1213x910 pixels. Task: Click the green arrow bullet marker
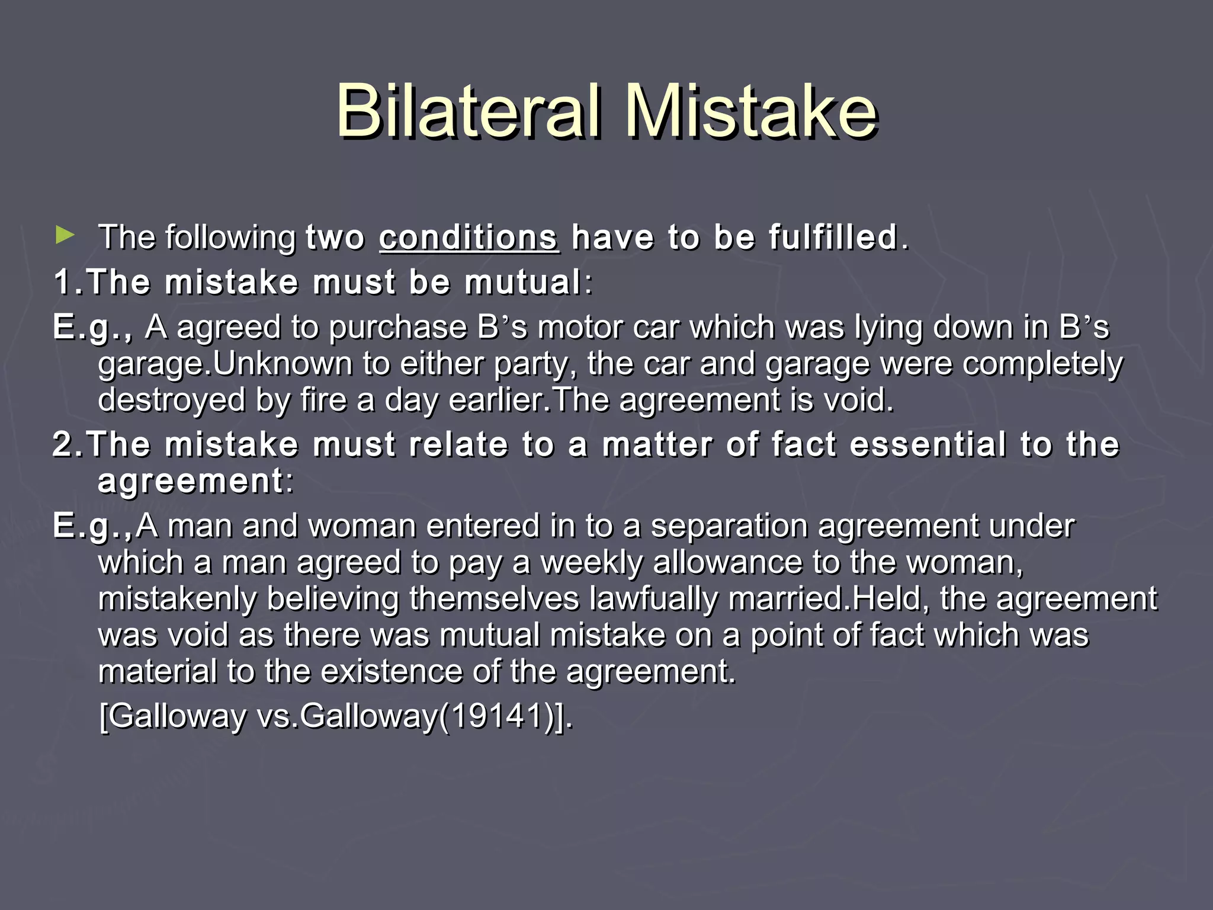pyautogui.click(x=65, y=235)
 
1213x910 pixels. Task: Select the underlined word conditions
pyautogui.click(x=468, y=238)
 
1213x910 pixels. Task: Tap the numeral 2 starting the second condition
pyautogui.click(x=62, y=444)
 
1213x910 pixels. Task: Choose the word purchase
pyautogui.click(x=397, y=328)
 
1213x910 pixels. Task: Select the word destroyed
pyautogui.click(x=171, y=400)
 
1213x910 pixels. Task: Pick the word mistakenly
pyautogui.click(x=177, y=598)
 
